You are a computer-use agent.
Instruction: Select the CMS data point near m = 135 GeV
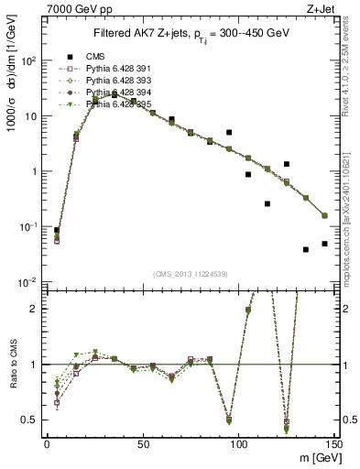pyautogui.click(x=306, y=249)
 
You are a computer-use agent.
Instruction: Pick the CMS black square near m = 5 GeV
pyautogui.click(x=56, y=231)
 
